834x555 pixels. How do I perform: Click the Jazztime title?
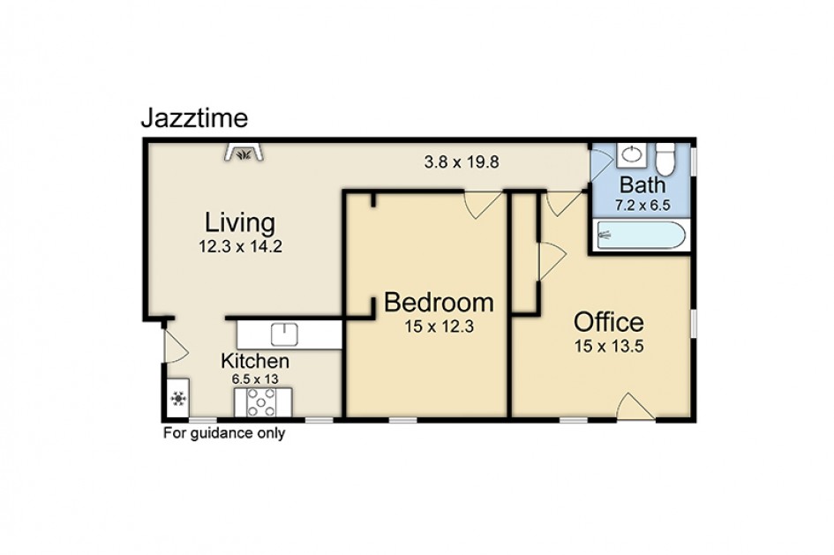click(x=195, y=118)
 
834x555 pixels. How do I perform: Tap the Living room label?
click(x=240, y=222)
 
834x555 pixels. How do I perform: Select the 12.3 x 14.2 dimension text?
click(x=240, y=247)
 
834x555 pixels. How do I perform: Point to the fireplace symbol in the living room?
click(x=244, y=152)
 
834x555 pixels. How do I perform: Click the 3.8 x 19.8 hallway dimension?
click(x=462, y=162)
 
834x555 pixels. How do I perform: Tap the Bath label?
click(x=642, y=185)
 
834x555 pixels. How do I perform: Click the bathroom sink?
click(x=632, y=154)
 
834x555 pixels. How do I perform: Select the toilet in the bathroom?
click(x=665, y=159)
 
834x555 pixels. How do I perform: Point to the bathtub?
click(x=641, y=235)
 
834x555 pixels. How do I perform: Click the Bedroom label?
click(x=439, y=303)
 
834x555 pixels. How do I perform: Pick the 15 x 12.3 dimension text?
click(x=439, y=326)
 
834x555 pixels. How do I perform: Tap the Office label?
click(x=608, y=322)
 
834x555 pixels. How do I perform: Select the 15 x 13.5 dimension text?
click(x=609, y=347)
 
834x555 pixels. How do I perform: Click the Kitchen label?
click(x=255, y=361)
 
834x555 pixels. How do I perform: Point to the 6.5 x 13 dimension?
click(x=255, y=379)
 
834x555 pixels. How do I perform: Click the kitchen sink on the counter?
click(x=284, y=334)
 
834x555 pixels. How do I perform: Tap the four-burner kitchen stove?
click(x=263, y=402)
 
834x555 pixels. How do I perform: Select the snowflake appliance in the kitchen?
click(x=178, y=398)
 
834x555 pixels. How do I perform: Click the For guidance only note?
click(x=224, y=434)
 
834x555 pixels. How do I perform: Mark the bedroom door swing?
click(x=482, y=205)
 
